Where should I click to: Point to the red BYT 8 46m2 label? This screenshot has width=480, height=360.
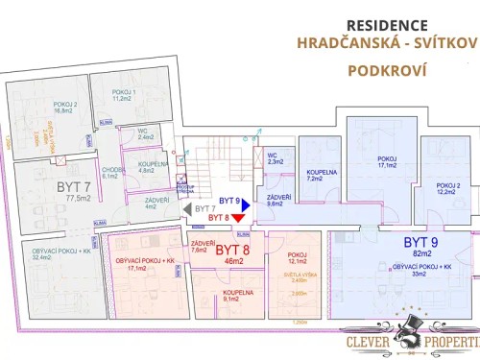coord(230,254)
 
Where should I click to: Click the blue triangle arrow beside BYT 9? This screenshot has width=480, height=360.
coord(247,204)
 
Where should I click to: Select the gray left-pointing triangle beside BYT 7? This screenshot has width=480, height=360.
coord(186,207)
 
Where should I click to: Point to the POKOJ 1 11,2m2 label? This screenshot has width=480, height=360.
coord(122,95)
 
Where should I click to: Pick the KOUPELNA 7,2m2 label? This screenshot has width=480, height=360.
coord(319,176)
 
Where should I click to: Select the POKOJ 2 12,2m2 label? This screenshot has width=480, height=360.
coord(448,189)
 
